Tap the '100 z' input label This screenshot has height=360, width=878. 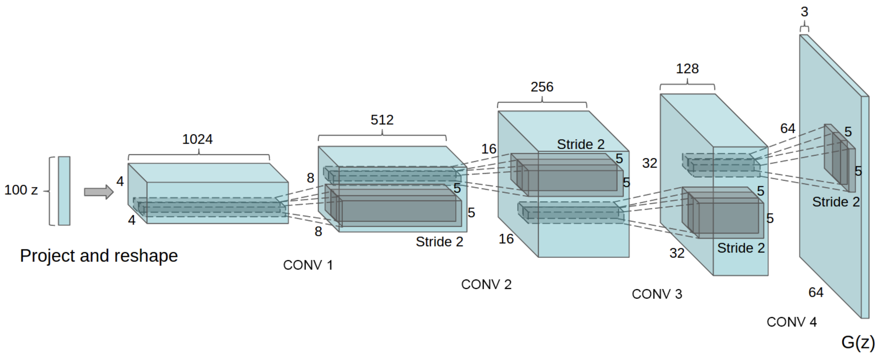click(21, 190)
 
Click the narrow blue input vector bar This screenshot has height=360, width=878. click(64, 191)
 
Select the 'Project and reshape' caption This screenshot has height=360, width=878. click(99, 255)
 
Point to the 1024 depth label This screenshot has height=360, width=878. click(197, 139)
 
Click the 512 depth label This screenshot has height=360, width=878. click(382, 120)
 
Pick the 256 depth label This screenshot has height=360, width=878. click(542, 87)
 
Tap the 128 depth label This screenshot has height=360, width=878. click(687, 68)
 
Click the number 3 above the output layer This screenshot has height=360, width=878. click(804, 12)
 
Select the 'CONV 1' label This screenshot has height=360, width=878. click(308, 265)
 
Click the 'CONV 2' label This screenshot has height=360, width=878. click(486, 284)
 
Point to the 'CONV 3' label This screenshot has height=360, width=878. click(657, 294)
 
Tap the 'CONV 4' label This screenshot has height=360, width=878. click(792, 322)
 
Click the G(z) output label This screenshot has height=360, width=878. click(858, 342)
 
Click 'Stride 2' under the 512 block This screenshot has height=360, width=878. click(439, 242)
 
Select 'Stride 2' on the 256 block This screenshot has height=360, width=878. click(581, 144)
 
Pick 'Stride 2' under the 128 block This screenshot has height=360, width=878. click(741, 248)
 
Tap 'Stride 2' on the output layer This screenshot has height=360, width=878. click(836, 202)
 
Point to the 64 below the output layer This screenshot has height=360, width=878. click(816, 292)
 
